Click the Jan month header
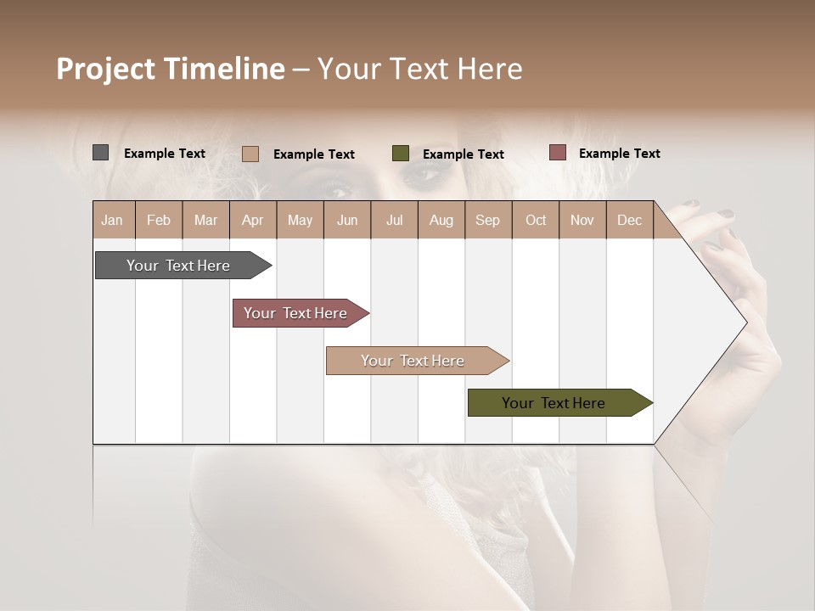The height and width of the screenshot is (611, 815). click(112, 221)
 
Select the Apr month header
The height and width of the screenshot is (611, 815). click(252, 221)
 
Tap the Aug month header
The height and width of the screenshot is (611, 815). click(441, 221)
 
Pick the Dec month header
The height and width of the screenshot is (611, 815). click(629, 221)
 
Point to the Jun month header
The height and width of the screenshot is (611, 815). click(346, 221)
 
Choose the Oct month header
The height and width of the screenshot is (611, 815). click(535, 221)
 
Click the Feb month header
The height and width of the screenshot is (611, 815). click(159, 221)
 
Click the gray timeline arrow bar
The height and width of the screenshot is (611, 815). click(178, 266)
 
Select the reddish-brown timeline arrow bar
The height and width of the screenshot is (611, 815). click(295, 313)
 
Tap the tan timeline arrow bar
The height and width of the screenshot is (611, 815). click(413, 361)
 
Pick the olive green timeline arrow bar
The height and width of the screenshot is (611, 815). click(554, 403)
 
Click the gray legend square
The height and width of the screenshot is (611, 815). click(101, 153)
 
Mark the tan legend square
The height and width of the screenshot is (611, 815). click(250, 154)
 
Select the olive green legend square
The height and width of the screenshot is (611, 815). click(401, 154)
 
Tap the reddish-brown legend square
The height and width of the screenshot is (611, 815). click(557, 153)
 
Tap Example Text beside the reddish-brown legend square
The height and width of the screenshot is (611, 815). click(619, 154)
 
